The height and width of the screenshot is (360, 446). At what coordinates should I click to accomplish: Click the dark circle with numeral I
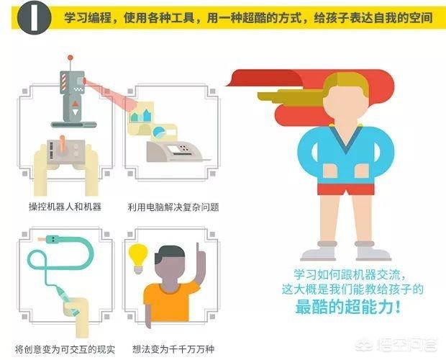pyautogui.click(x=34, y=17)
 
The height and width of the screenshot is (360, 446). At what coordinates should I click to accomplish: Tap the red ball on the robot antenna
pyautogui.click(x=70, y=58)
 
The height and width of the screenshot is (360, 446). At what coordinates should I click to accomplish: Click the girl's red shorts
pyautogui.click(x=346, y=189)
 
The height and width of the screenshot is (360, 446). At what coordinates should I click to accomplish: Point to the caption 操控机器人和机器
pyautogui.click(x=65, y=207)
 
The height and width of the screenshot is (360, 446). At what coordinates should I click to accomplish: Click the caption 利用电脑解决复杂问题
pyautogui.click(x=173, y=207)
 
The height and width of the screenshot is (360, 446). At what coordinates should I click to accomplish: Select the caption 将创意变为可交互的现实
pyautogui.click(x=65, y=349)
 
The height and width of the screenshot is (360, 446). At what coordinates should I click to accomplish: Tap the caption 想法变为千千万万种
pyautogui.click(x=173, y=349)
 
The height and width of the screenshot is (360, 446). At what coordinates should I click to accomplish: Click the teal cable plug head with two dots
pyautogui.click(x=53, y=239)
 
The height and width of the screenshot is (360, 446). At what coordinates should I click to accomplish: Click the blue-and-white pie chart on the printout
pyautogui.click(x=159, y=132)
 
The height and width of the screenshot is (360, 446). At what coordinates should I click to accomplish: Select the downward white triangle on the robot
pyautogui.click(x=75, y=112)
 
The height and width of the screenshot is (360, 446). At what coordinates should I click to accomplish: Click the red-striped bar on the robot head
pyautogui.click(x=63, y=81)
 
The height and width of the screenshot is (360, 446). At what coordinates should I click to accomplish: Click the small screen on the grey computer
pyautogui.click(x=174, y=149)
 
